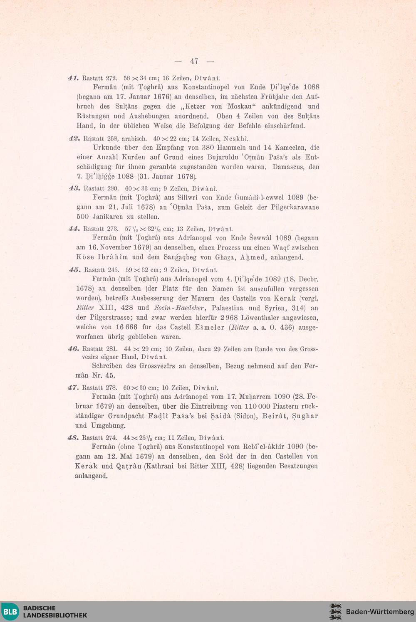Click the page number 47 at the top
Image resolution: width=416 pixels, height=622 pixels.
click(194, 61)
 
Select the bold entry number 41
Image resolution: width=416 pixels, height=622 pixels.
click(73, 78)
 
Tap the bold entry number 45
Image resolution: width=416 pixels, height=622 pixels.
click(75, 270)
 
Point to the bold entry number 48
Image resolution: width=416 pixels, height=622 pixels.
click(73, 437)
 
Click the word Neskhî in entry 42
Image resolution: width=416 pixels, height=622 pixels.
click(236, 138)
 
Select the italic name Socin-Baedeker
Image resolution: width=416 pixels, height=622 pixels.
click(179, 308)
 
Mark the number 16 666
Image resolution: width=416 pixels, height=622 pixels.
click(126, 327)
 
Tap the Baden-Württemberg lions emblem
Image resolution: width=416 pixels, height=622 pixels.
click(335, 612)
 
